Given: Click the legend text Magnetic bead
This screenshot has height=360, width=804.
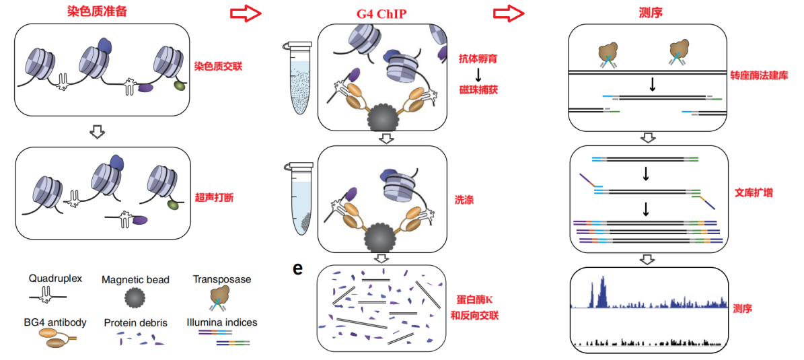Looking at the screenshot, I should click(x=136, y=279).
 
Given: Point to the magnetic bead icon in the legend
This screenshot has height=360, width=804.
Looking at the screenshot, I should click(x=135, y=297).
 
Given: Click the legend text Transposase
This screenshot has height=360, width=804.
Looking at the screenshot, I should click(x=222, y=279).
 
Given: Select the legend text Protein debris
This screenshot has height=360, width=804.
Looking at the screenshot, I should click(x=136, y=322).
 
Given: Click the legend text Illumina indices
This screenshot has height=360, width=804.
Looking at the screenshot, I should click(x=222, y=322).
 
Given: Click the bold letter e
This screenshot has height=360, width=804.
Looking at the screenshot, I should click(x=297, y=268).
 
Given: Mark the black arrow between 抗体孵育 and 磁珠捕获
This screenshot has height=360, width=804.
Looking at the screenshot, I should click(x=478, y=74).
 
